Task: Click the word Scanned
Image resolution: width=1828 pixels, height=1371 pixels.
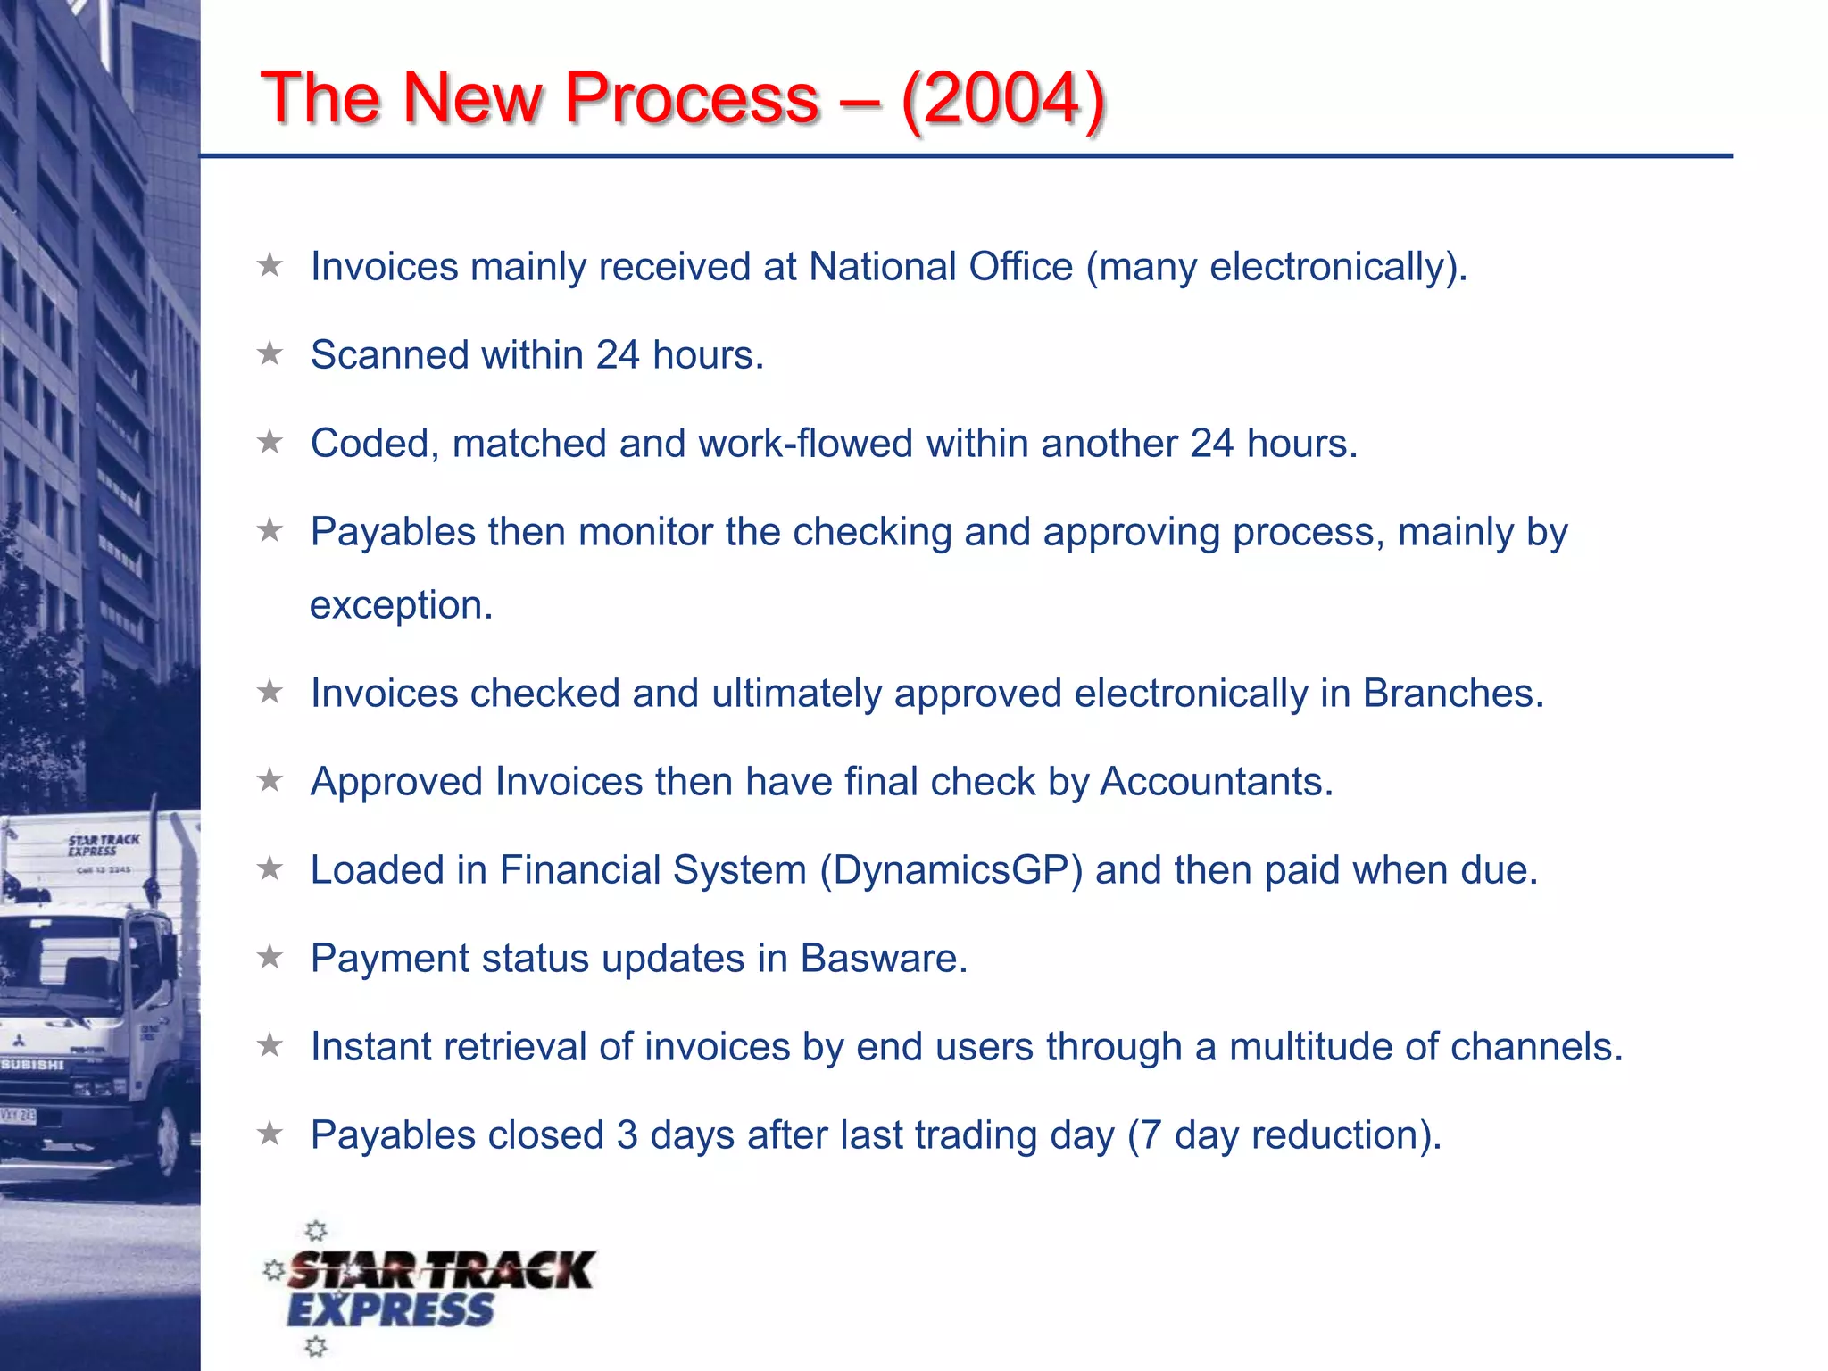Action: coord(389,355)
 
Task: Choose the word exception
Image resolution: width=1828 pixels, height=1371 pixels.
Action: coord(401,605)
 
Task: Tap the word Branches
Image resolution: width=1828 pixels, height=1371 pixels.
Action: coord(1452,694)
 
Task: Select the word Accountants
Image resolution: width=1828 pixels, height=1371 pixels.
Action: coord(1216,782)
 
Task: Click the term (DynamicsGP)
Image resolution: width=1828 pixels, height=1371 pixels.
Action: coord(951,870)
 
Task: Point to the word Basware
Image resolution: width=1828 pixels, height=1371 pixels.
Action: coord(883,959)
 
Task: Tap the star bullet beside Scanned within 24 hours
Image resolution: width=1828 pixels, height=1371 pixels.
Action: coord(270,354)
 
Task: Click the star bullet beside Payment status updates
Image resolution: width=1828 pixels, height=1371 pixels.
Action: coord(270,958)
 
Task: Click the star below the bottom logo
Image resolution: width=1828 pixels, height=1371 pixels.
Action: coord(316,1346)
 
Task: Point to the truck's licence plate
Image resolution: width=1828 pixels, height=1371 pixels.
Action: coord(18,1115)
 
